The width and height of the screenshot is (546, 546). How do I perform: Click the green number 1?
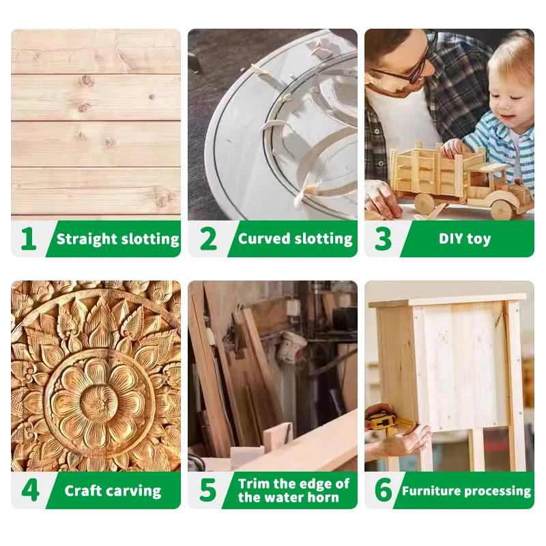click(29, 239)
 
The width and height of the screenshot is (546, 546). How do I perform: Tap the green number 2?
click(208, 239)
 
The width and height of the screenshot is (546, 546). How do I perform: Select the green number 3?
click(383, 239)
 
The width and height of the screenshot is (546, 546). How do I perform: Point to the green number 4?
click(30, 490)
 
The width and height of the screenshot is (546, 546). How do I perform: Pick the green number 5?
click(208, 490)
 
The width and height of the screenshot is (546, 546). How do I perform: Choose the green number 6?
click(384, 490)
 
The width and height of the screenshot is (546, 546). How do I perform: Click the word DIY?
click(450, 239)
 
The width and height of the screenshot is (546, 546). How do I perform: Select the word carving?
click(137, 491)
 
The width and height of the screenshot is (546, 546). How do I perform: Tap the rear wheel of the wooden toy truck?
click(424, 203)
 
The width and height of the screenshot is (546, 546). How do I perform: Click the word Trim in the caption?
click(254, 484)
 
